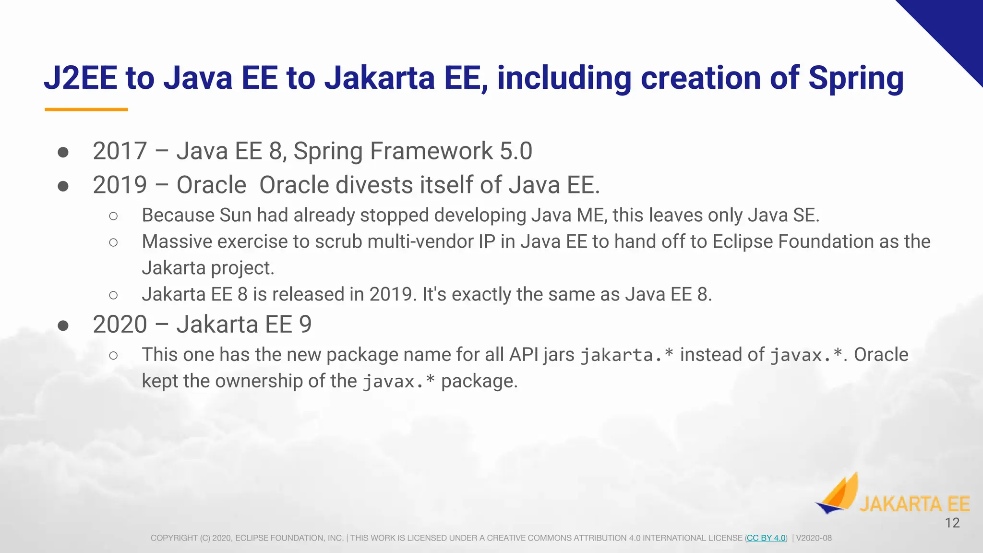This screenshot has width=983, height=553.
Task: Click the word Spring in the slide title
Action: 856,78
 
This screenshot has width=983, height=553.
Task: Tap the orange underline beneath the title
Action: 86,109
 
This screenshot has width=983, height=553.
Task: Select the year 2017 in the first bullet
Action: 120,151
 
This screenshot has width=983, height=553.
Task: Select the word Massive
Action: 177,241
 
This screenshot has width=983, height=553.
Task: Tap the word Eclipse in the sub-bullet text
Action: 742,241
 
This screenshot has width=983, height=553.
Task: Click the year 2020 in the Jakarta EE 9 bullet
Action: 120,325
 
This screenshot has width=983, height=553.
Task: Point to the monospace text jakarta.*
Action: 627,355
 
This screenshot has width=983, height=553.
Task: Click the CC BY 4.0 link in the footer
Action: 766,538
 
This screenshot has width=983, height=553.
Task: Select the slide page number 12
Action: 952,523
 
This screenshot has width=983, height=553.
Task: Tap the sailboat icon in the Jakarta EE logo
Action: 838,494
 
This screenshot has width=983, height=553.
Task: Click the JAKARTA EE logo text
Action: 914,504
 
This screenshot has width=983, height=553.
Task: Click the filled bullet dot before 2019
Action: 63,186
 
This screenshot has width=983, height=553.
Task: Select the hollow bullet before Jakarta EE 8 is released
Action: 113,295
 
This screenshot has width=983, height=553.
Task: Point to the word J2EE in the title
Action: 81,78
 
